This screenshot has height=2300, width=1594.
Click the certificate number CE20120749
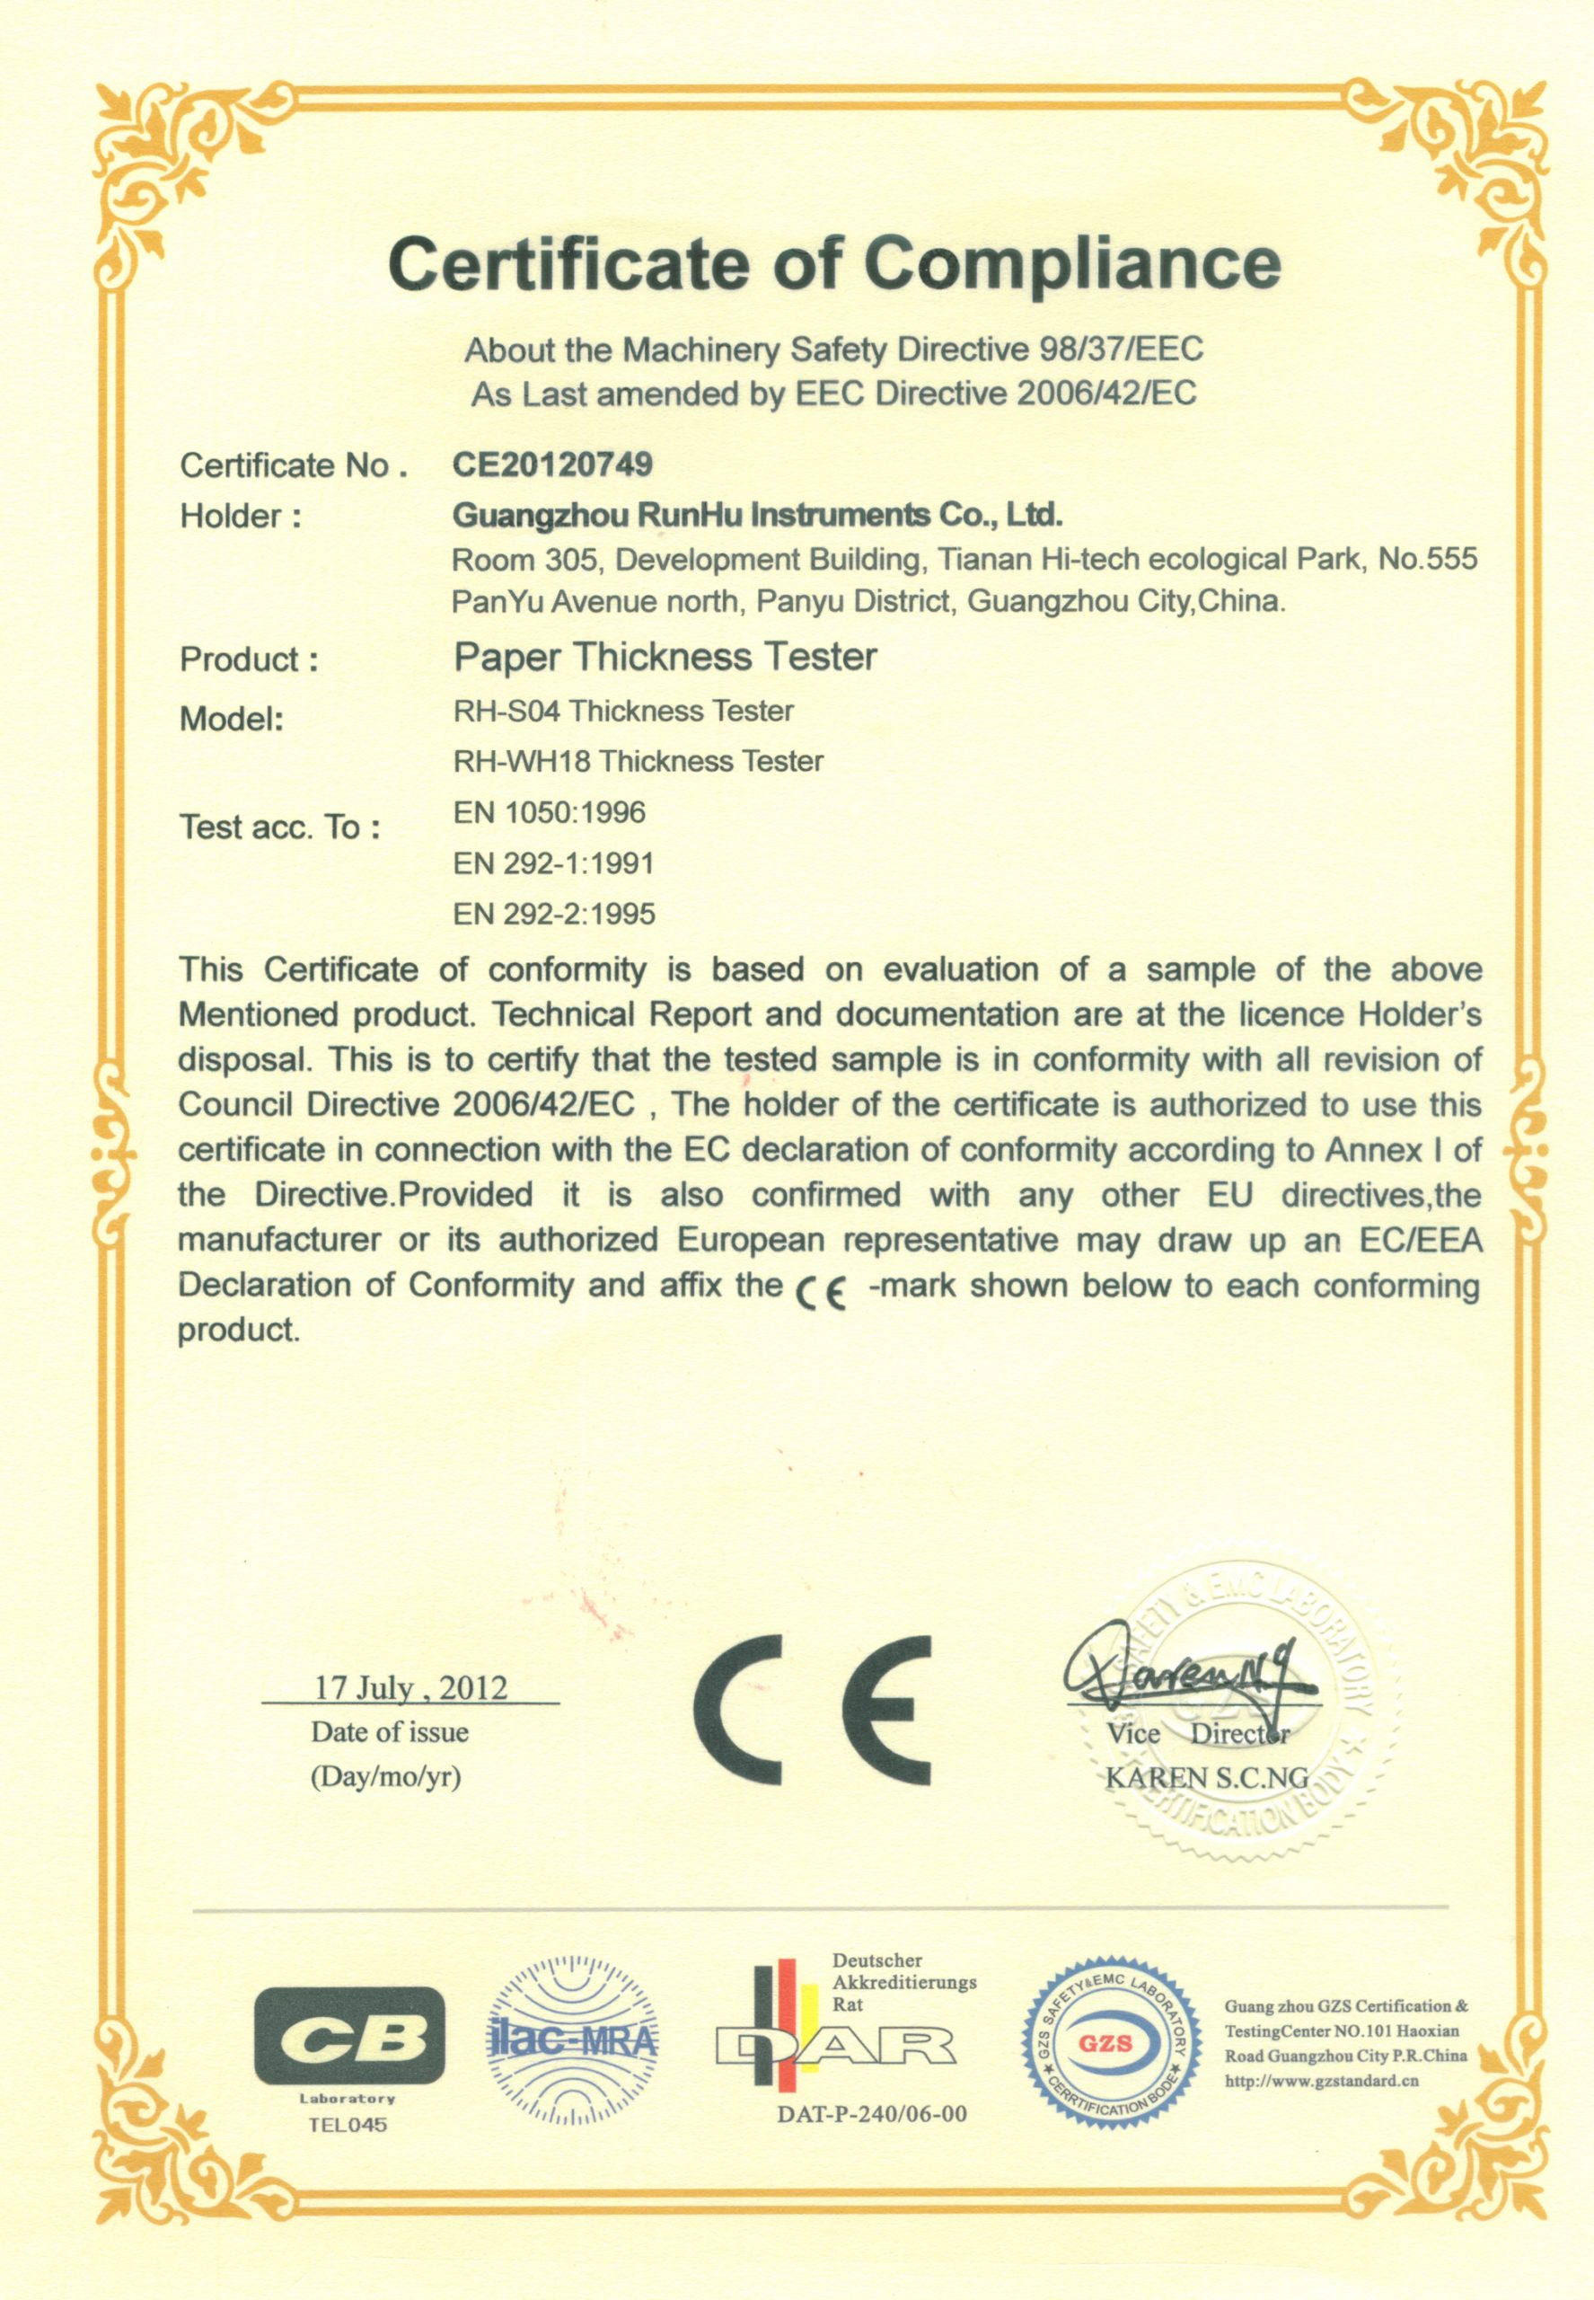pos(552,464)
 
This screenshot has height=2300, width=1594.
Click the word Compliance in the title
pos(1070,264)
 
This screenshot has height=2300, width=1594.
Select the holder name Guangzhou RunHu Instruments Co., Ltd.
pos(757,515)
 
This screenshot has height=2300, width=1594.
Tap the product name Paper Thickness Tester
pos(665,657)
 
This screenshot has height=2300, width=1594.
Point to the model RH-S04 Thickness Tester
pos(623,711)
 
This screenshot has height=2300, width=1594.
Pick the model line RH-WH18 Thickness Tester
pos(638,761)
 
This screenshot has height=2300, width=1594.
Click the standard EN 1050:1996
pos(550,812)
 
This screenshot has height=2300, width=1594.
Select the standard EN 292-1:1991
pos(553,863)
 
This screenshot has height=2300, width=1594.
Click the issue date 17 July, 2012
pos(410,1687)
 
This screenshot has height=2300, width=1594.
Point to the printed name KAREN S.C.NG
pos(1206,1777)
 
